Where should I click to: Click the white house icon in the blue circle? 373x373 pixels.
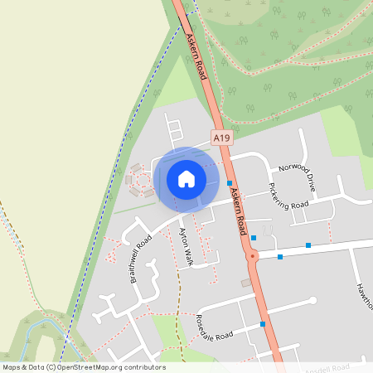pos(186,178)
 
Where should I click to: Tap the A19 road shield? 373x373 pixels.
pos(221,138)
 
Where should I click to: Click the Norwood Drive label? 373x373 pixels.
pos(298,176)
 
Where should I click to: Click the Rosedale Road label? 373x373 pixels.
pos(216,324)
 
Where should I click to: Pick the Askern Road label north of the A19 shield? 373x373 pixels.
pos(197,56)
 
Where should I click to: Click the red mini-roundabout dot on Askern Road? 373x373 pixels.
pos(254,257)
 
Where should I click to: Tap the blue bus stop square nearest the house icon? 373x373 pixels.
pos(229,182)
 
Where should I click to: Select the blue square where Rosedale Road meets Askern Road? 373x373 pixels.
pos(263,323)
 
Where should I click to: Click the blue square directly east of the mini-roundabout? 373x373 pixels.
pos(280,257)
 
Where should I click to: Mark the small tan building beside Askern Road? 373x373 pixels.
pos(245,283)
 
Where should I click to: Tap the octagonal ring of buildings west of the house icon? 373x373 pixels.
pos(139,180)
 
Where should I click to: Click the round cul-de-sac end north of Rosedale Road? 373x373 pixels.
pos(312,300)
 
